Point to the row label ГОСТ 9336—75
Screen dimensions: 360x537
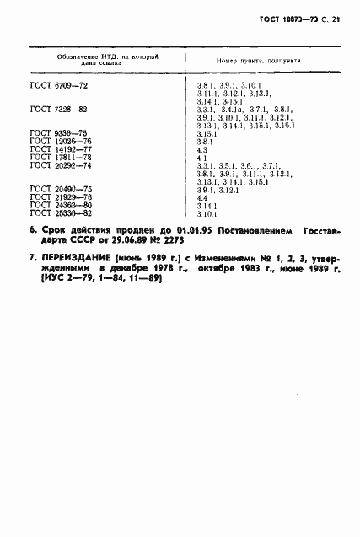click(x=52, y=133)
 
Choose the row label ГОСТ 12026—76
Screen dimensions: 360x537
click(x=54, y=142)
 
